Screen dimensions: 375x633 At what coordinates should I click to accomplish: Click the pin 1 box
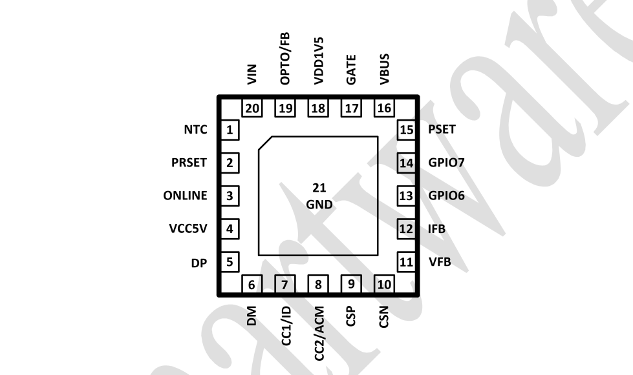229,130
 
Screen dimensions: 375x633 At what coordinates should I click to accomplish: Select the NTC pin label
195,130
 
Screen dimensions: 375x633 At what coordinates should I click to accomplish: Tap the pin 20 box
252,108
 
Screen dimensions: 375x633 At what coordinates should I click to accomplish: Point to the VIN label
252,75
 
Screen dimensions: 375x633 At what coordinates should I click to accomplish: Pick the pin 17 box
351,108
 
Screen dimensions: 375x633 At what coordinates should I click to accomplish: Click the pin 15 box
405,130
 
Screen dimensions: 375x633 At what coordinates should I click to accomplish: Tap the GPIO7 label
445,163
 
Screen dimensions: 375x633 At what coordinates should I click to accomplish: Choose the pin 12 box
405,228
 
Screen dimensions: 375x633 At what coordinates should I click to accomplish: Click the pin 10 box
384,284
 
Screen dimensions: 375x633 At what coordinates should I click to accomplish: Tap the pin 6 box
252,284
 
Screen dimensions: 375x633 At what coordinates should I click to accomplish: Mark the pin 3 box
229,196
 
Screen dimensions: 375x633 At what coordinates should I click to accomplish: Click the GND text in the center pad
319,205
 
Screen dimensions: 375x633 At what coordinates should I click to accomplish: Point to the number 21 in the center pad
319,188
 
